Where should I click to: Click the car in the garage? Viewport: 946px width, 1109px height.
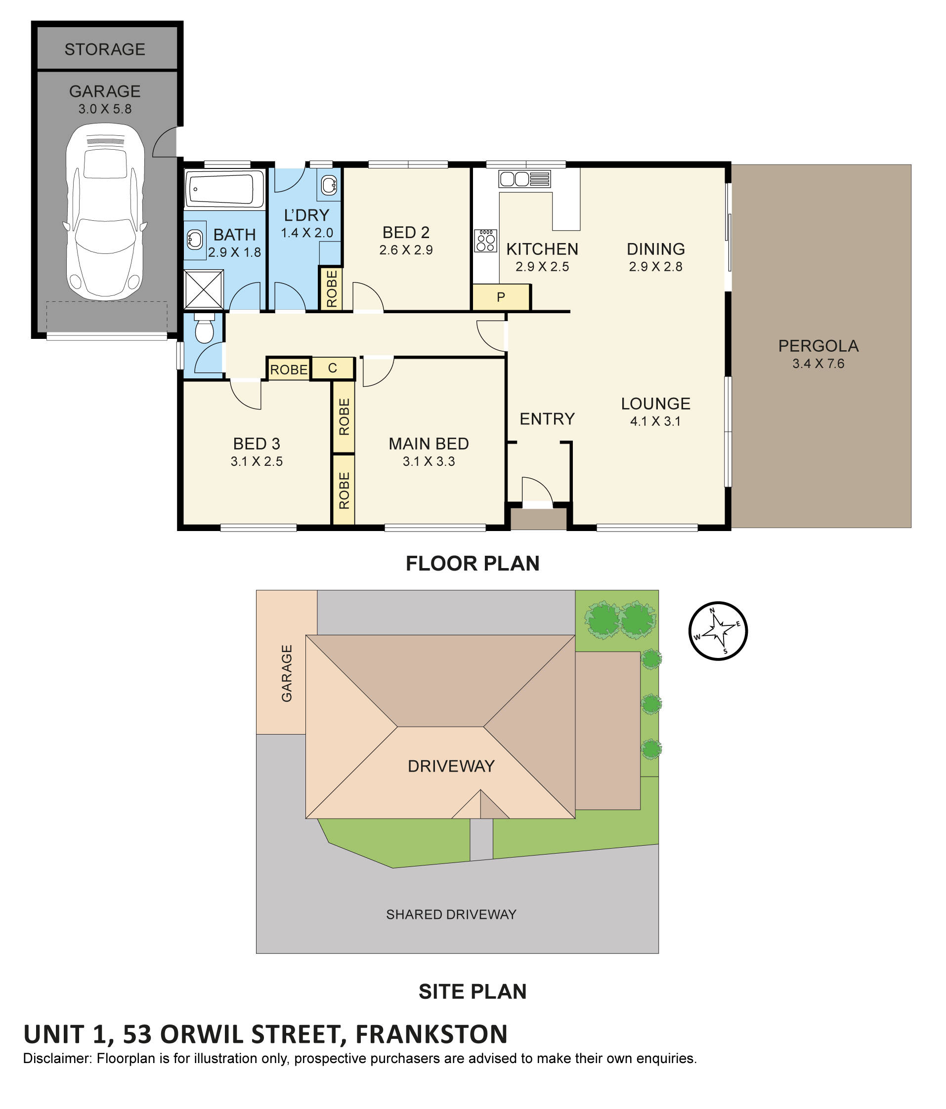(105, 211)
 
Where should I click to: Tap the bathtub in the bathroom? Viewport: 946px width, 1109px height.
(224, 188)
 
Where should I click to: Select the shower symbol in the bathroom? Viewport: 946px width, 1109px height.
(204, 289)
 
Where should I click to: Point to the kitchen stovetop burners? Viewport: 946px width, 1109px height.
(485, 240)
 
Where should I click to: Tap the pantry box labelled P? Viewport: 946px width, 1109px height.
(501, 297)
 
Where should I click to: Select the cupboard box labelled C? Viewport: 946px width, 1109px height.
(333, 368)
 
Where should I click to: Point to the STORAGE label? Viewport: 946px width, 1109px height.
(105, 49)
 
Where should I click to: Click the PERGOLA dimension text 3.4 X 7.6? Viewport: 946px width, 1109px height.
(818, 364)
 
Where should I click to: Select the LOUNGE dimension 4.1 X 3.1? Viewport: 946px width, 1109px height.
(655, 421)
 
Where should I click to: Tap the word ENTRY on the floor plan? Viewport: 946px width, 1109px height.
(547, 418)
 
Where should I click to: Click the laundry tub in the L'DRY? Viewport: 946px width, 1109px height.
(329, 185)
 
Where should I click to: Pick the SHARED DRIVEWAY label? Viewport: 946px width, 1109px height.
(451, 914)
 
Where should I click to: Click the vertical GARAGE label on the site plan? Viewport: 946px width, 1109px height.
(287, 673)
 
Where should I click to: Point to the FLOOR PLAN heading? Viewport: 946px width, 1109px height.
(472, 564)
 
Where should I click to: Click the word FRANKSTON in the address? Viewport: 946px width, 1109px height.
(431, 1034)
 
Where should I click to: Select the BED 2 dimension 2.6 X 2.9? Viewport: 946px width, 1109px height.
(406, 250)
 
